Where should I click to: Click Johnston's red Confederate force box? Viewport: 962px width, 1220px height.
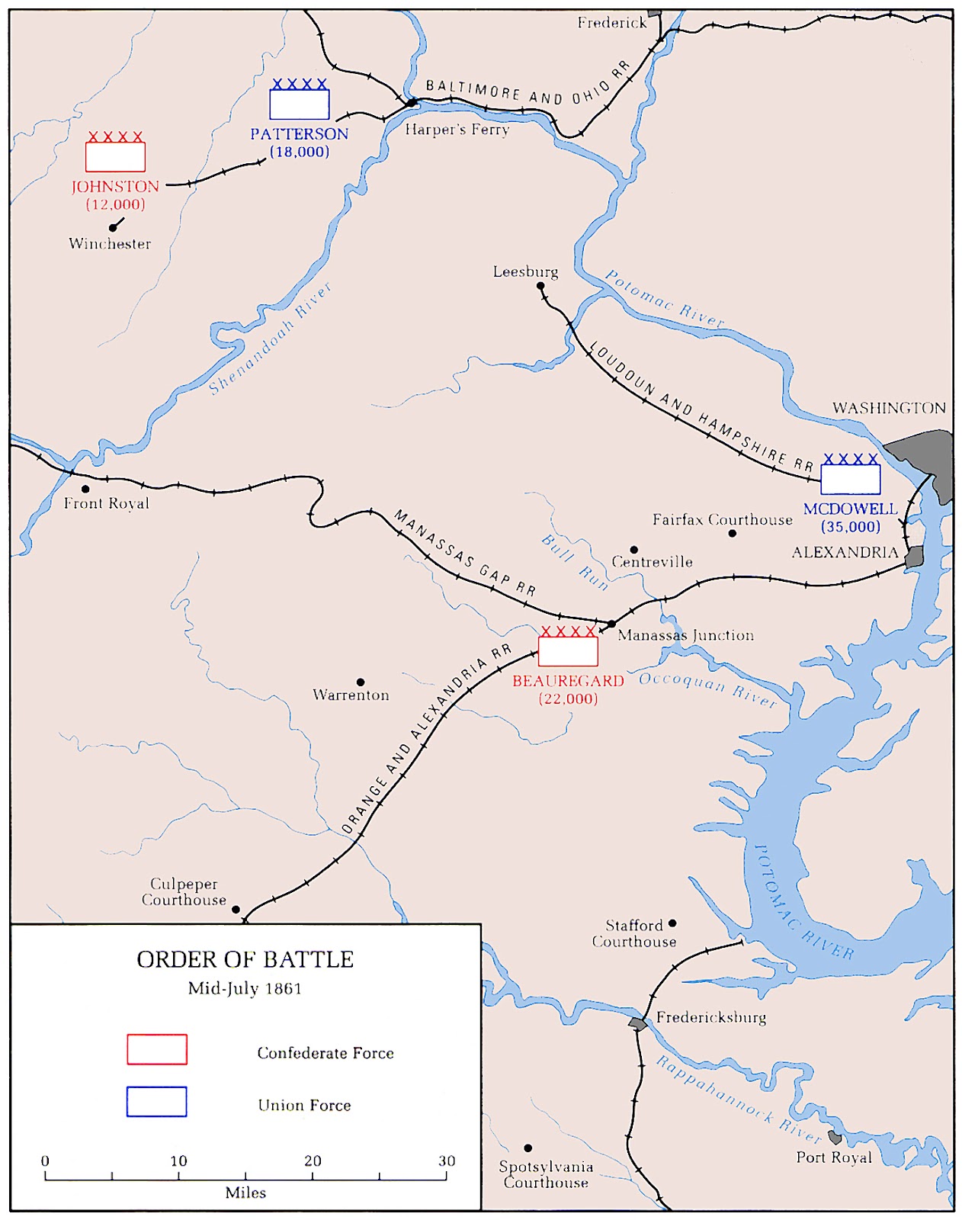[x=115, y=156]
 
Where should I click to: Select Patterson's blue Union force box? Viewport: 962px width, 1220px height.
[x=299, y=104]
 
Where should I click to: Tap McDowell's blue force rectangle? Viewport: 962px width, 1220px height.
[x=850, y=480]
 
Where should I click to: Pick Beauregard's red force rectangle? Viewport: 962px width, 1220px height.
[x=568, y=651]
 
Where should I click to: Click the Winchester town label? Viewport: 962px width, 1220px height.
[x=110, y=244]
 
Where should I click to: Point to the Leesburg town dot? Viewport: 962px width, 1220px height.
[x=540, y=287]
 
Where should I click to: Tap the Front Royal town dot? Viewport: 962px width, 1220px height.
[x=85, y=489]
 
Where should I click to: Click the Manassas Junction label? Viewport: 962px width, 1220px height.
[x=685, y=635]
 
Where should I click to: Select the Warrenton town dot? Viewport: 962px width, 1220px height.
[x=361, y=682]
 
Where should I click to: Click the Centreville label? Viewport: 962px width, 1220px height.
[x=652, y=562]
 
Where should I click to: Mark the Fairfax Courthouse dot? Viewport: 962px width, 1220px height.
[x=732, y=533]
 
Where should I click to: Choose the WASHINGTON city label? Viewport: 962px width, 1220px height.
[x=889, y=408]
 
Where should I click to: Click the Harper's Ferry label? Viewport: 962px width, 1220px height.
[x=457, y=130]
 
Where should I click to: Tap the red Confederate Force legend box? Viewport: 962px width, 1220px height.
[x=156, y=1049]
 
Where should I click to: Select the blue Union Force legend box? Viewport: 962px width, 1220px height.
[x=156, y=1102]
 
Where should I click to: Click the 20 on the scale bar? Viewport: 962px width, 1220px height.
[x=313, y=1161]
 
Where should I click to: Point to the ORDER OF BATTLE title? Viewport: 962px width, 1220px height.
[x=245, y=959]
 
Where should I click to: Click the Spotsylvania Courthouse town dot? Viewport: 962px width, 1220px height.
[x=527, y=1148]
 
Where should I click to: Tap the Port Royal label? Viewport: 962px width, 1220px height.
[x=834, y=1157]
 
